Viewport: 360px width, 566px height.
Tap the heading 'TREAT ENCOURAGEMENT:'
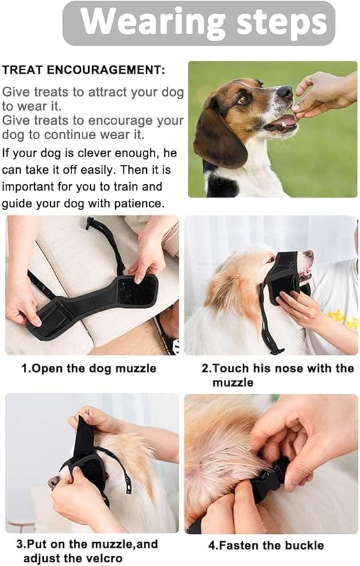pos(84,70)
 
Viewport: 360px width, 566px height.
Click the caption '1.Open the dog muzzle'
pos(89,369)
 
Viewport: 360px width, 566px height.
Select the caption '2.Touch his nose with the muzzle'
pos(277,375)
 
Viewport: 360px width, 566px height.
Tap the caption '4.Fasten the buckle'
pos(266,545)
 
